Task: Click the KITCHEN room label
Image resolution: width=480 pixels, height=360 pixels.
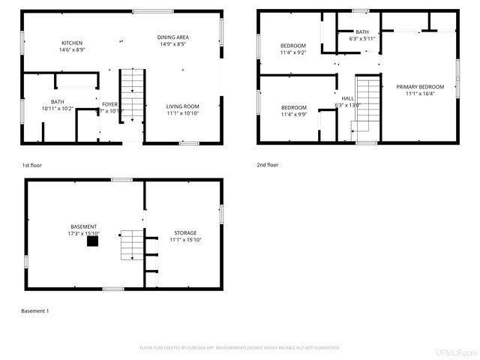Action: point(71,43)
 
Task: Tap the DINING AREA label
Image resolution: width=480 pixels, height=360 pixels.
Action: point(172,37)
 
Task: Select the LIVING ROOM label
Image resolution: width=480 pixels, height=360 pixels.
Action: point(182,106)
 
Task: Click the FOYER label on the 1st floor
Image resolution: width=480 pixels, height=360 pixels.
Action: point(109,104)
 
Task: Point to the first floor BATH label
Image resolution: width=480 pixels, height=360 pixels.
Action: point(58,102)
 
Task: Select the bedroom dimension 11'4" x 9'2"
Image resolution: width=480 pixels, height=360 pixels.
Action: point(294,52)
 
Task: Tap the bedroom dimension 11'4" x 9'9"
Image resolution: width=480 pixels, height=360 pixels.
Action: point(294,114)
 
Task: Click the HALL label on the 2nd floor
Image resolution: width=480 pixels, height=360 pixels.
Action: point(347,98)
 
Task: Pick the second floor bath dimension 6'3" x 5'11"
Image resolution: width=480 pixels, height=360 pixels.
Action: point(362,38)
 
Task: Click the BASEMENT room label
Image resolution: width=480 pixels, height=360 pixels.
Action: point(83,226)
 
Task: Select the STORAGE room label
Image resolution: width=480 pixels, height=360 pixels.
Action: point(185,232)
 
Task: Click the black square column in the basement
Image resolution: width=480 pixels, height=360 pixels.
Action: point(91,242)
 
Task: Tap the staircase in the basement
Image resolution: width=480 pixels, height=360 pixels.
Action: point(131,244)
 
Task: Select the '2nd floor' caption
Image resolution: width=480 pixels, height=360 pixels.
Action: point(268,164)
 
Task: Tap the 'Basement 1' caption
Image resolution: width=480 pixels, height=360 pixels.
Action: point(34,310)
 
